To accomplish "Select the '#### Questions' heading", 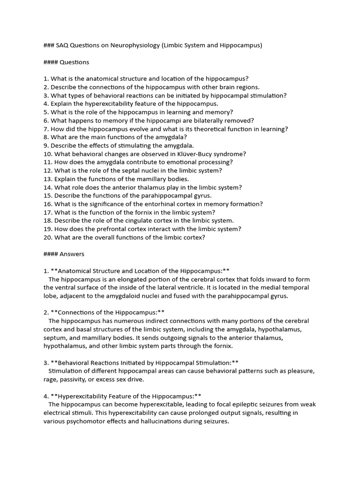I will pos(66,62).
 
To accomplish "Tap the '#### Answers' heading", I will pos(64,254).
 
